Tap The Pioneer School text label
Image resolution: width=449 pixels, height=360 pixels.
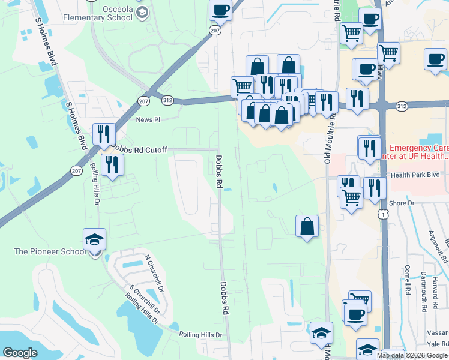coord(50,251)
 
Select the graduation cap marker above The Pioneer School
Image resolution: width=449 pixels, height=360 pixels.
coord(94,239)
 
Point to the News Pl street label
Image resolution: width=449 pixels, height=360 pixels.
coord(148,120)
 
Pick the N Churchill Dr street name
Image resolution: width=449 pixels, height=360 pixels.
coord(154,273)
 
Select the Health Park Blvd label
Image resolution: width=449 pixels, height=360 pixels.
coord(416,175)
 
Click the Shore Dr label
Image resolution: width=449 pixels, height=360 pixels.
coord(402,203)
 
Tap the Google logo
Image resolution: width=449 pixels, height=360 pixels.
coord(20,353)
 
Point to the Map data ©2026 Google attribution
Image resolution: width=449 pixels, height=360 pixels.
coord(412,355)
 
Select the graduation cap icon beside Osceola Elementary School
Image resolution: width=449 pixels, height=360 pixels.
coord(142,13)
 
